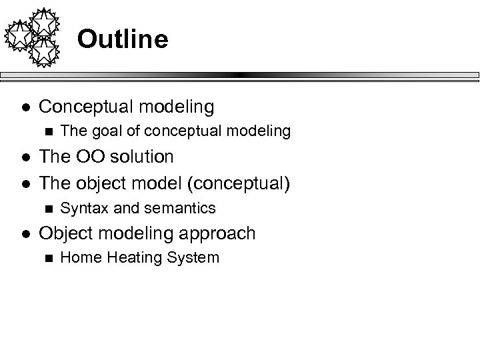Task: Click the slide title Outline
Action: pyautogui.click(x=122, y=39)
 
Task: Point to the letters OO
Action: pyautogui.click(x=85, y=157)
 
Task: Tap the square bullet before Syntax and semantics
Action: pyautogui.click(x=46, y=208)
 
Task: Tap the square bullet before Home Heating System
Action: pyautogui.click(x=46, y=258)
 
